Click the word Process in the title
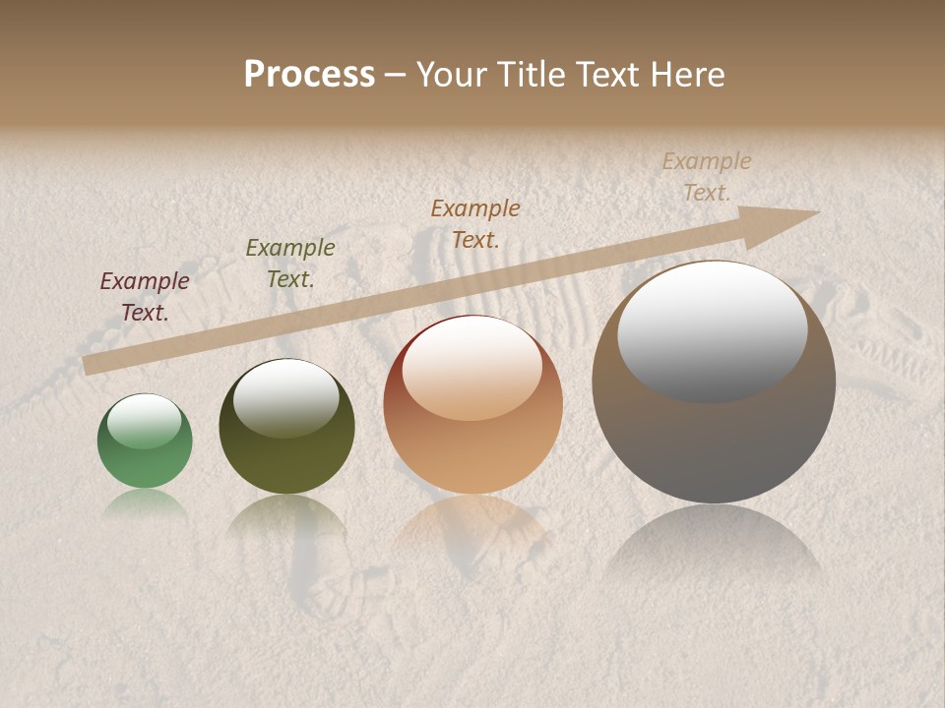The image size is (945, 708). [309, 74]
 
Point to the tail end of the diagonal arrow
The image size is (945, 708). [87, 365]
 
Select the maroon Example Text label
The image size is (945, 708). [145, 296]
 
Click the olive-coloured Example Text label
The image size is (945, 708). [290, 263]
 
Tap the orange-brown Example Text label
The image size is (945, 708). [475, 223]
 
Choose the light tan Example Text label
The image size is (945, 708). [707, 176]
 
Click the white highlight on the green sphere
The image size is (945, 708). [145, 421]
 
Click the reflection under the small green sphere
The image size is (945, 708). [145, 502]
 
